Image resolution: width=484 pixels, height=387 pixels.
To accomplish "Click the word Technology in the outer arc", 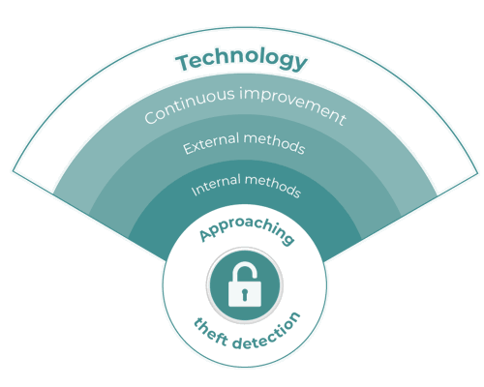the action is [x=241, y=60].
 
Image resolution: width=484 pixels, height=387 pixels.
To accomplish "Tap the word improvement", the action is [x=293, y=104].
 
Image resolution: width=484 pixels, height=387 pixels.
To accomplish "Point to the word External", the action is [x=211, y=143].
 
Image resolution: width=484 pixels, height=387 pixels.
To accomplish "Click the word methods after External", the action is [x=274, y=142].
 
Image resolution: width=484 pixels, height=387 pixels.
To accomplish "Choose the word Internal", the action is [x=216, y=185].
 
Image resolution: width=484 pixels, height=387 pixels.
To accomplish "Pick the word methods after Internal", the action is [x=273, y=186].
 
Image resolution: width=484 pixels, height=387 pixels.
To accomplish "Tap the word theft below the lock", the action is [x=211, y=332].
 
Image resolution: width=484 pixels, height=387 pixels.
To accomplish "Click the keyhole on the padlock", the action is [x=244, y=294].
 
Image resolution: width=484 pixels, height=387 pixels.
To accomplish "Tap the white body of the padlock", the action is [x=245, y=294].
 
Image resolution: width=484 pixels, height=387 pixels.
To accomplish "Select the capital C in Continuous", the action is [x=151, y=116].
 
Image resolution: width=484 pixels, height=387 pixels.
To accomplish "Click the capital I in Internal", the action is [x=195, y=191].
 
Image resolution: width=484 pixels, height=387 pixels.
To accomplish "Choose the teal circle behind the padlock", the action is [x=245, y=285].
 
